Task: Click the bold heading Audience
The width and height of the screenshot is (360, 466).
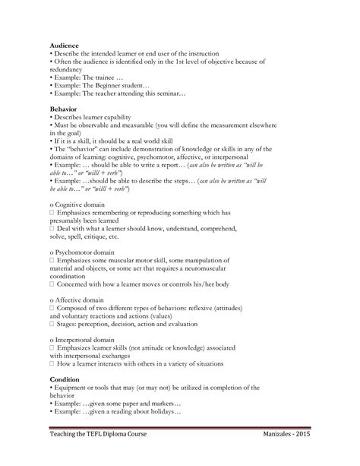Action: pyautogui.click(x=64, y=46)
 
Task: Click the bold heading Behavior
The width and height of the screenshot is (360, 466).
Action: pyautogui.click(x=63, y=109)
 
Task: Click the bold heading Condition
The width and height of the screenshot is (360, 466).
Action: pyautogui.click(x=65, y=378)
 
